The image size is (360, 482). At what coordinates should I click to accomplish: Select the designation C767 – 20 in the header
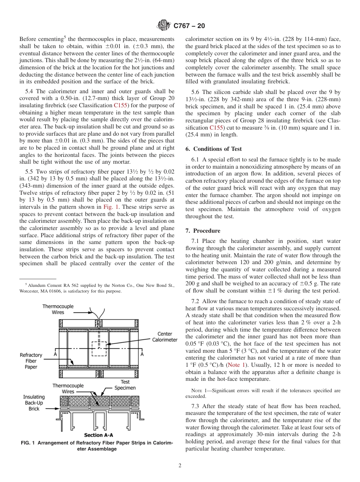click(189, 26)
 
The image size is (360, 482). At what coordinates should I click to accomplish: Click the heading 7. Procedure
click(203, 231)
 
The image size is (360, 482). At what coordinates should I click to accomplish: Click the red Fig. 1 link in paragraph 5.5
click(110, 207)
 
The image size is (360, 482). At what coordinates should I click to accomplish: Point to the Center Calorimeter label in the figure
click(164, 337)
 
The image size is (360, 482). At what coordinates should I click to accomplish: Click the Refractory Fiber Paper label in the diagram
click(31, 361)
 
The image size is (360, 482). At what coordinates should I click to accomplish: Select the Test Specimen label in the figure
click(125, 385)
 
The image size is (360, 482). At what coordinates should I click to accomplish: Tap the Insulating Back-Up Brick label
click(34, 403)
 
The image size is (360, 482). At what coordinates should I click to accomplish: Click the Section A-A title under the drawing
click(98, 435)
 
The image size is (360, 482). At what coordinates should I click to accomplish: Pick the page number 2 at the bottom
click(180, 466)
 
